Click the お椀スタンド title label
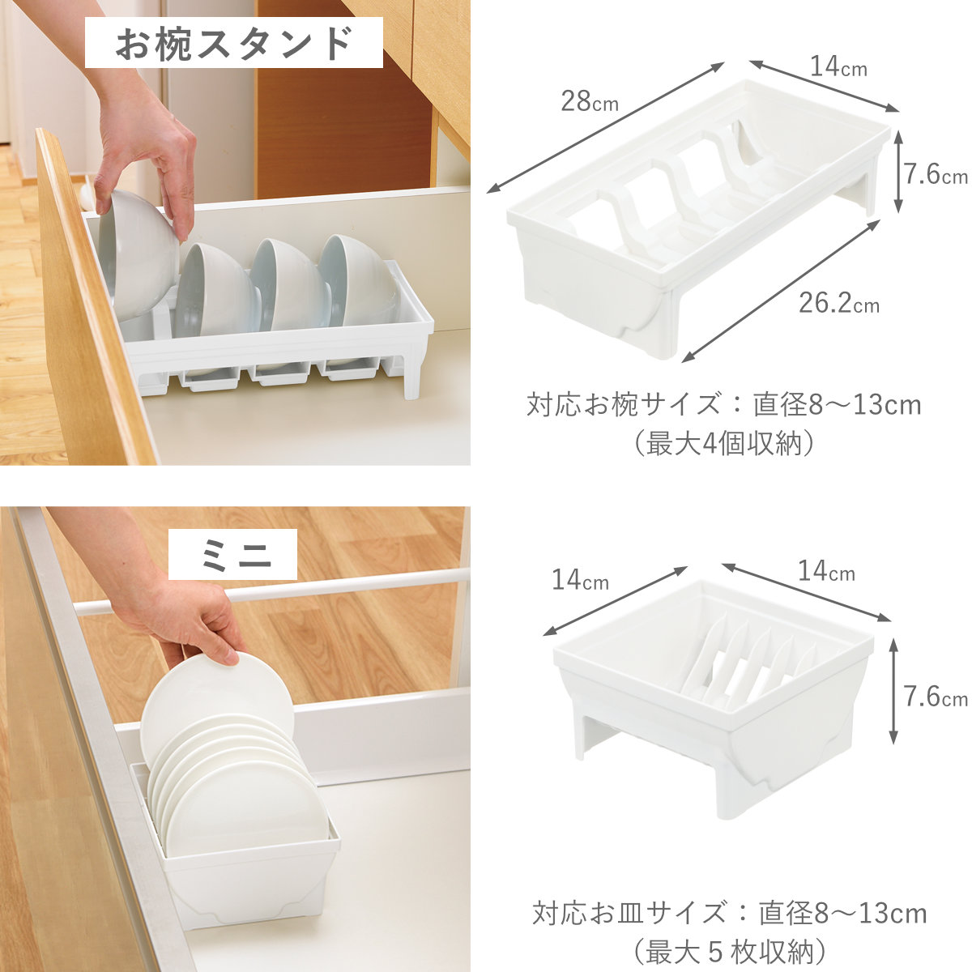(233, 44)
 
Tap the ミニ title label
(232, 554)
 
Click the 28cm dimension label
(589, 101)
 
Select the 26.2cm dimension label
(839, 303)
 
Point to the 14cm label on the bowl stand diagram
(838, 66)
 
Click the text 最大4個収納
(724, 445)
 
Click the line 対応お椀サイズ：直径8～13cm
(724, 404)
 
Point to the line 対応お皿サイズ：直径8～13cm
(729, 913)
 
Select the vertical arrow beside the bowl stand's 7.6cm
(897, 171)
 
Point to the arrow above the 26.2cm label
(782, 291)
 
